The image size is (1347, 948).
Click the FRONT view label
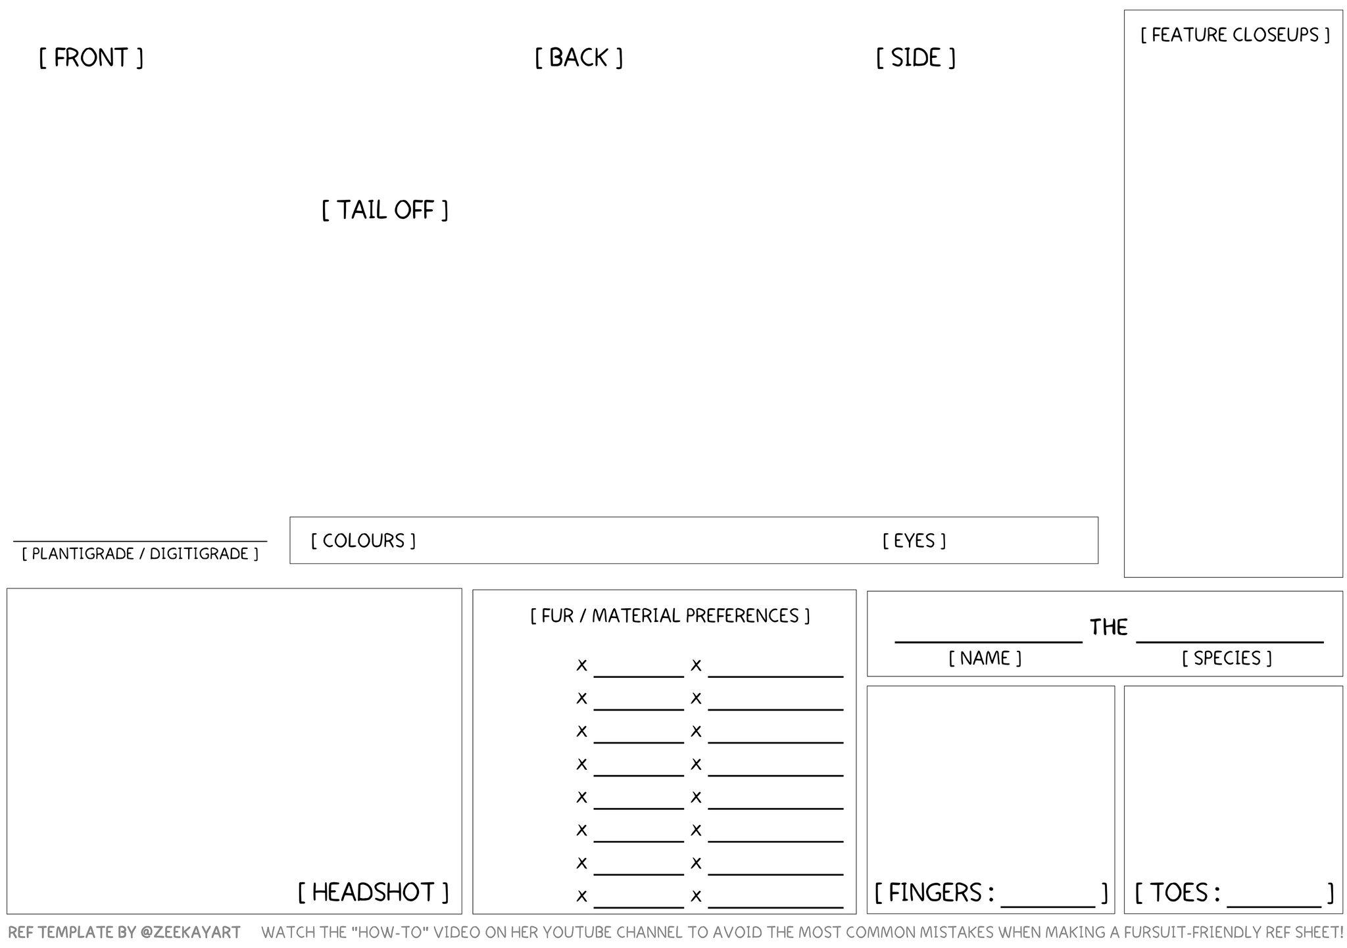pyautogui.click(x=91, y=58)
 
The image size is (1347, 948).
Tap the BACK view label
pyautogui.click(x=578, y=58)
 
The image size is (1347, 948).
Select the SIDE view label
pyautogui.click(x=916, y=58)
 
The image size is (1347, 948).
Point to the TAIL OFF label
pyautogui.click(x=385, y=210)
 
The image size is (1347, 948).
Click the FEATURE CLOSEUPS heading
pyautogui.click(x=1235, y=35)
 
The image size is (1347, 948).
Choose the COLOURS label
pyautogui.click(x=363, y=540)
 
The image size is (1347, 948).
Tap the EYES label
pyautogui.click(x=914, y=540)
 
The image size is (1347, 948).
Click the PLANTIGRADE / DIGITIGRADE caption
pyautogui.click(x=140, y=554)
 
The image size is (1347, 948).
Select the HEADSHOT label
pyautogui.click(x=373, y=892)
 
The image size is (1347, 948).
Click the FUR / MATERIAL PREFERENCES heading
pyautogui.click(x=670, y=616)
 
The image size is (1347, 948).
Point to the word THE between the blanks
pyautogui.click(x=1109, y=628)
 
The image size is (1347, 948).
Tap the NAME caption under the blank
pyautogui.click(x=985, y=658)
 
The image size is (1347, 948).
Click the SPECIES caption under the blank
pyautogui.click(x=1227, y=658)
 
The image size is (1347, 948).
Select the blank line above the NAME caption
pyautogui.click(x=988, y=640)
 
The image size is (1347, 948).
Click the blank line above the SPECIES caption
pyautogui.click(x=1229, y=640)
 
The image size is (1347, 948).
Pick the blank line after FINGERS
pyautogui.click(x=1048, y=905)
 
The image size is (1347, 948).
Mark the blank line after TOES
pyautogui.click(x=1274, y=905)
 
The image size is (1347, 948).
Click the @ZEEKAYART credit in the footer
pyautogui.click(x=190, y=932)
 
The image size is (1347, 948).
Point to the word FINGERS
pyautogui.click(x=935, y=893)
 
